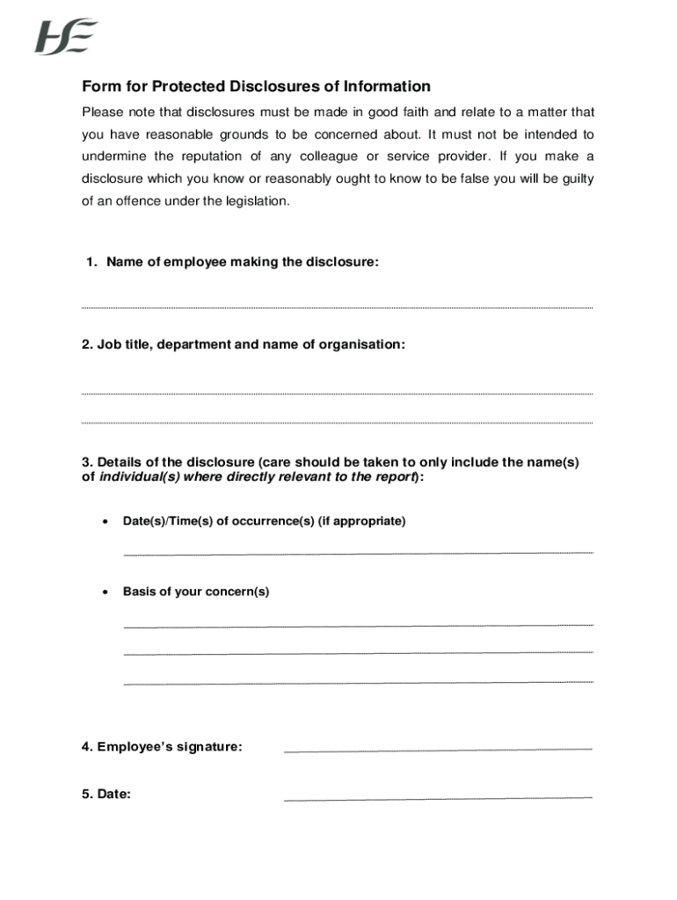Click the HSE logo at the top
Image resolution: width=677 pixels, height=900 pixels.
(x=66, y=37)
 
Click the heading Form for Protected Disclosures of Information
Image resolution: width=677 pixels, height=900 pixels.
(x=256, y=86)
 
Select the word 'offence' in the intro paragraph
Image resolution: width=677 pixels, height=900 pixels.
(x=140, y=201)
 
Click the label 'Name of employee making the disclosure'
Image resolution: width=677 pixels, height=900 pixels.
(x=242, y=262)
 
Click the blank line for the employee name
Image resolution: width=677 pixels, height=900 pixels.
(x=337, y=307)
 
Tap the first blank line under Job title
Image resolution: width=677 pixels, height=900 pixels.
(x=337, y=393)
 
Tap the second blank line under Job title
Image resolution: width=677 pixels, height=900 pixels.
(x=337, y=422)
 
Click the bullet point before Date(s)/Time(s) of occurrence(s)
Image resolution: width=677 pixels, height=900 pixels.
(x=106, y=522)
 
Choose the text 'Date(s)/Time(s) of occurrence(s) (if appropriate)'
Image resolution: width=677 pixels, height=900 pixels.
(x=264, y=521)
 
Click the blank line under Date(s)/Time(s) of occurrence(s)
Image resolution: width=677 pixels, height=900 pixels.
(x=358, y=553)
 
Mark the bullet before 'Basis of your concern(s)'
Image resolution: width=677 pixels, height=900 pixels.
(x=106, y=592)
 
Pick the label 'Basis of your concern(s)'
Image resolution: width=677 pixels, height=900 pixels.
(x=196, y=592)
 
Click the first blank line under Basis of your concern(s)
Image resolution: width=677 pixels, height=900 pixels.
(x=358, y=625)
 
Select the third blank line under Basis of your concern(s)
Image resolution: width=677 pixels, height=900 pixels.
(x=358, y=682)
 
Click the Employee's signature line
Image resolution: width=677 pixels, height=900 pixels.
(x=438, y=750)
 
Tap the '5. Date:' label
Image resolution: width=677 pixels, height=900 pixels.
(x=106, y=794)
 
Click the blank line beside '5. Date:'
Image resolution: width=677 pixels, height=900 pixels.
(x=438, y=799)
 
